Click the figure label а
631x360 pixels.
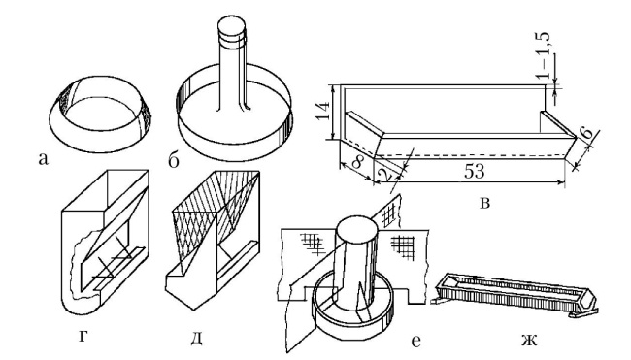pos(43,159)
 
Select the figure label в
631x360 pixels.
pos(485,203)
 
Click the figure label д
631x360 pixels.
pos(196,338)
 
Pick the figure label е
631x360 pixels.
pos(416,342)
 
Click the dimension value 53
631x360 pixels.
pos(475,172)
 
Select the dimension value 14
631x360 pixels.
pos(323,111)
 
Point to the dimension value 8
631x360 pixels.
pos(357,162)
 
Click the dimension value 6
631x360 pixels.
pos(587,132)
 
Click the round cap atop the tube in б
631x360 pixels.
pos(231,28)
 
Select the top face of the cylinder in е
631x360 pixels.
pos(357,231)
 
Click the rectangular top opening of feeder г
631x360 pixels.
pos(105,190)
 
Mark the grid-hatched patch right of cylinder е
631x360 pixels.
pos(403,245)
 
